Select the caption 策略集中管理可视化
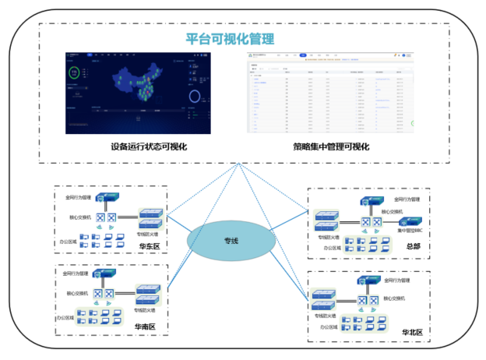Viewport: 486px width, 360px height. [331, 146]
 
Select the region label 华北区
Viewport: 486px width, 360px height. [413, 333]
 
